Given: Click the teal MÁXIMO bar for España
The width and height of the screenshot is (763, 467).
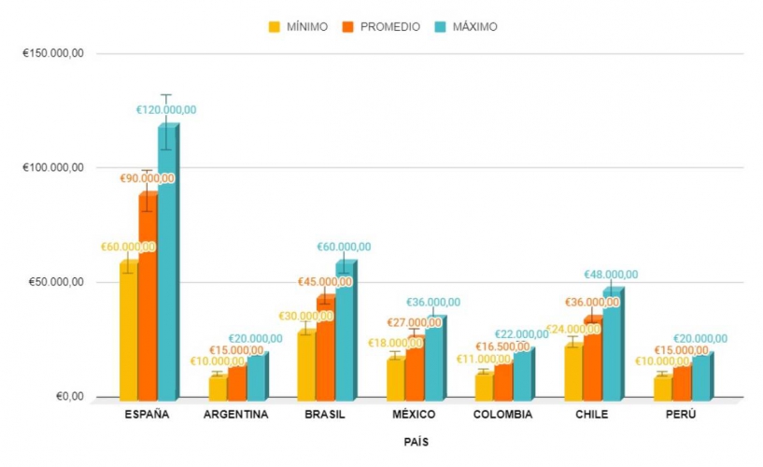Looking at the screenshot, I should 166,262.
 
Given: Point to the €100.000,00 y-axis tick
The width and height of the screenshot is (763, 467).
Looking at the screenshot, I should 53,168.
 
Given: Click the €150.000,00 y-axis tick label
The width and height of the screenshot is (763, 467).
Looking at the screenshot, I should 53,53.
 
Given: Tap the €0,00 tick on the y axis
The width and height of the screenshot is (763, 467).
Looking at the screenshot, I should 67,397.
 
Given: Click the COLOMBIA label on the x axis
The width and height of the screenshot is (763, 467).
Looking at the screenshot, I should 503,415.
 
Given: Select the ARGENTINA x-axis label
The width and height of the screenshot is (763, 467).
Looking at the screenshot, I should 235,415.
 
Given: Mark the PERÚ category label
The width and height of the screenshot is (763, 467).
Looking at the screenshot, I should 681,415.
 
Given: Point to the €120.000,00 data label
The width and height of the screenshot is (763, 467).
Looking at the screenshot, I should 166,110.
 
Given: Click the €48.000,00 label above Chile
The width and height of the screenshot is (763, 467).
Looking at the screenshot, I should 611,275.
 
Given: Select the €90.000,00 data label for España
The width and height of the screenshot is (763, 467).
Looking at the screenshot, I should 148,178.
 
